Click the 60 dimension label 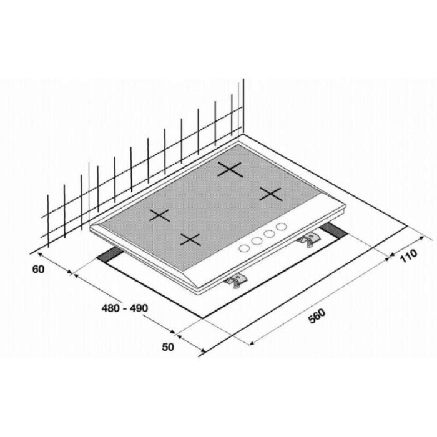39,270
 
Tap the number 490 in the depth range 138,308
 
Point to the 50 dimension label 168,347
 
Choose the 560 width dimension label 317,316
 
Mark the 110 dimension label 409,255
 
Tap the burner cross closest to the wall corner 230,169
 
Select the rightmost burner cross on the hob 270,194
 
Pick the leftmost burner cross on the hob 160,215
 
